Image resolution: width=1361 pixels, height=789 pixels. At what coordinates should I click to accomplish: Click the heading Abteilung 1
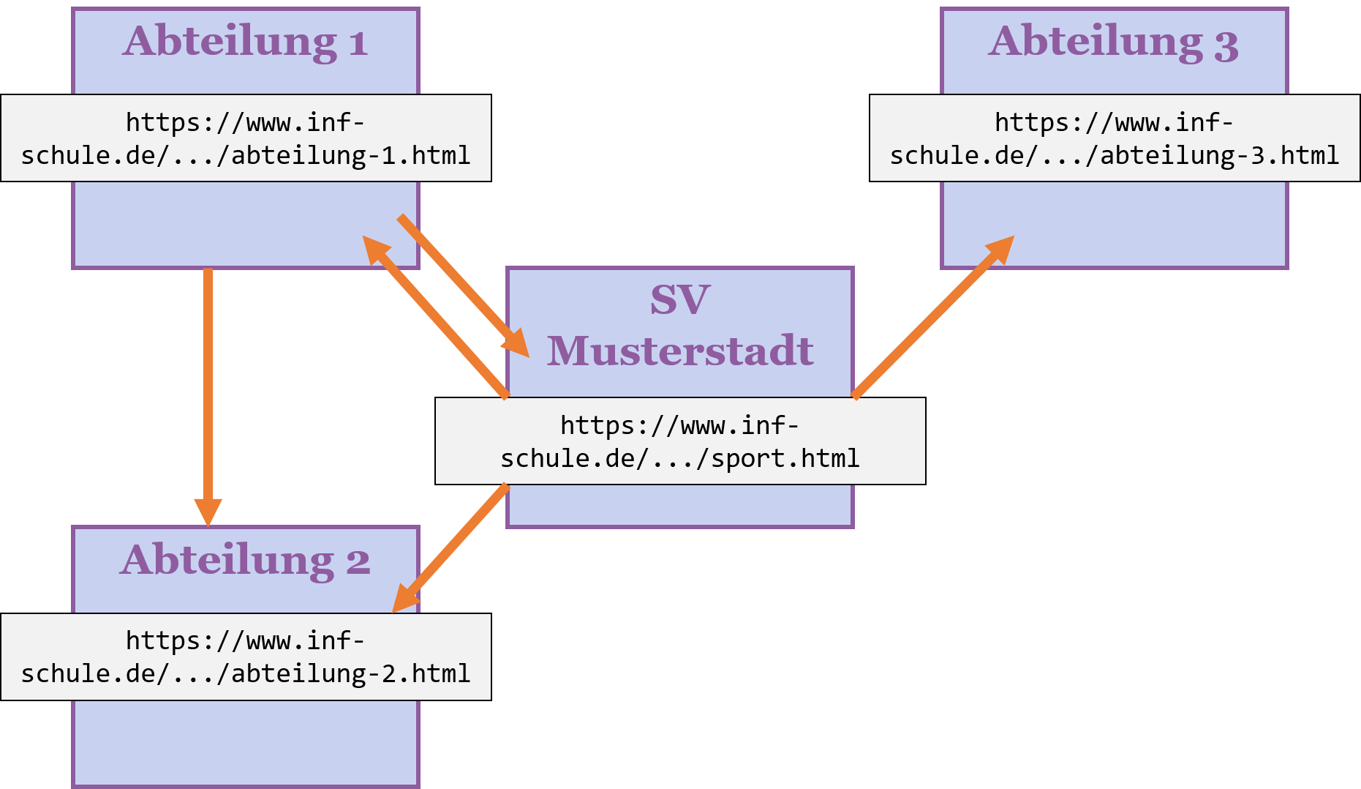click(x=245, y=42)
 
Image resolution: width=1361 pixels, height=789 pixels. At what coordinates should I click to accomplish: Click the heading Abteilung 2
click(x=245, y=561)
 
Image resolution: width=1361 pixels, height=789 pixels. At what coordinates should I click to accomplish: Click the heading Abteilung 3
click(x=1113, y=42)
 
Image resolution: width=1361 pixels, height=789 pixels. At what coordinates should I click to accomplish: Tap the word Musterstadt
click(x=680, y=351)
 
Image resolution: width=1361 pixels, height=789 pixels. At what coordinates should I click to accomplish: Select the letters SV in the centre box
click(x=680, y=299)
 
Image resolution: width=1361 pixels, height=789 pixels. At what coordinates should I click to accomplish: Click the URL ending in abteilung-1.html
click(x=245, y=138)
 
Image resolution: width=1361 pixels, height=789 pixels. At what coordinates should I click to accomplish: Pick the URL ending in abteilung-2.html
click(x=245, y=657)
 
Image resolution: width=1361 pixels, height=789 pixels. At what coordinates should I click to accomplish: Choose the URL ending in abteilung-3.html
click(x=1114, y=138)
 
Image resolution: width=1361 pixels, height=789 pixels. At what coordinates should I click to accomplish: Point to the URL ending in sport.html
click(x=680, y=441)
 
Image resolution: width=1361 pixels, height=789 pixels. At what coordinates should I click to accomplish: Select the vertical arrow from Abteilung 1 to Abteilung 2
click(x=208, y=388)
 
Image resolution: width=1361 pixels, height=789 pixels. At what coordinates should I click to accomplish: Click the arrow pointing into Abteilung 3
click(x=929, y=319)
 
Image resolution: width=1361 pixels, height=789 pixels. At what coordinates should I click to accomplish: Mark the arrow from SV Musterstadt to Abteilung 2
click(x=453, y=545)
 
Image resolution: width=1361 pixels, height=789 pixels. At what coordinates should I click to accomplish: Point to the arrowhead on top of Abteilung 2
click(x=208, y=512)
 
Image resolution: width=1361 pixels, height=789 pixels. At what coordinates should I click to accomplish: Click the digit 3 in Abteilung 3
click(x=1226, y=45)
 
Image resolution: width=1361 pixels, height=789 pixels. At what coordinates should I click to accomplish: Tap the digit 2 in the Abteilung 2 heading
click(x=358, y=562)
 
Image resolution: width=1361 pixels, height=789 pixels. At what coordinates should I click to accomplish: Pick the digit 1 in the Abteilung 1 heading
click(x=358, y=44)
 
